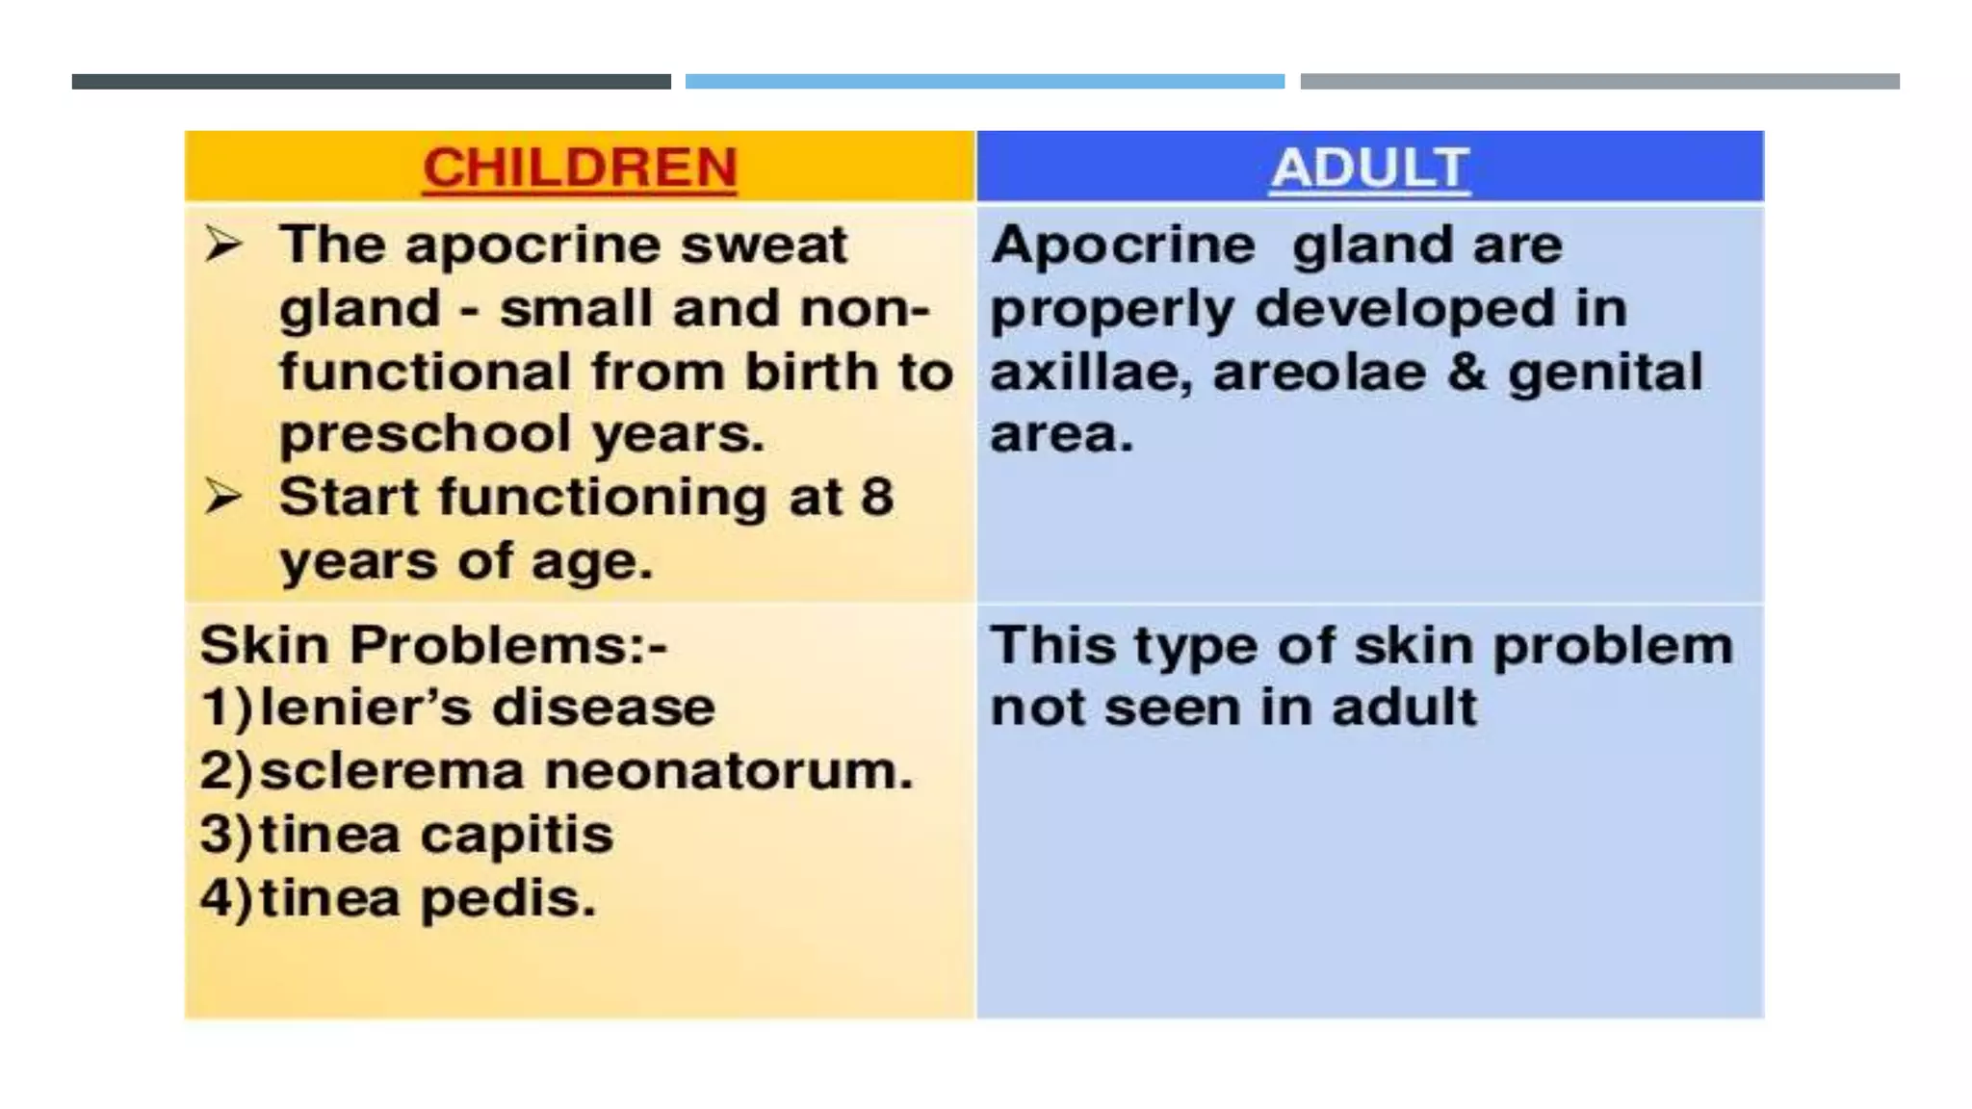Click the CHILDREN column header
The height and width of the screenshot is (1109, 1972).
coord(580,168)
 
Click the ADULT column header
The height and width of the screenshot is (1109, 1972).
coord(1369,168)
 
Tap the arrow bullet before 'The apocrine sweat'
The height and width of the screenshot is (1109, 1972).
coord(223,245)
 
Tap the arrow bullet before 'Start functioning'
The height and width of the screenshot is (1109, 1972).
coord(223,498)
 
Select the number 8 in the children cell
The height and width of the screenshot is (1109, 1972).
coord(876,498)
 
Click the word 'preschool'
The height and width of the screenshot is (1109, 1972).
coord(425,435)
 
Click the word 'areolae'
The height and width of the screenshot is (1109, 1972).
coord(1319,373)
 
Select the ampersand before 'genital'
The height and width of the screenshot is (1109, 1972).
coord(1466,373)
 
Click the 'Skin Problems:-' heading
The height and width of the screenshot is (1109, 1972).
coord(433,644)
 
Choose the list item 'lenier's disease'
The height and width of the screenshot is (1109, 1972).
coord(487,708)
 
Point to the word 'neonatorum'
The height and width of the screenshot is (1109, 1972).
coord(728,771)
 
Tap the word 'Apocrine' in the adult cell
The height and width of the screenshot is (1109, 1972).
coord(1123,245)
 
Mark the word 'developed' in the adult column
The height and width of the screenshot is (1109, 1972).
coord(1405,309)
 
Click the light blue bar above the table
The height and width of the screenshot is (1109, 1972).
coord(984,82)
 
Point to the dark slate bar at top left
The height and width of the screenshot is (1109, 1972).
coord(371,82)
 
